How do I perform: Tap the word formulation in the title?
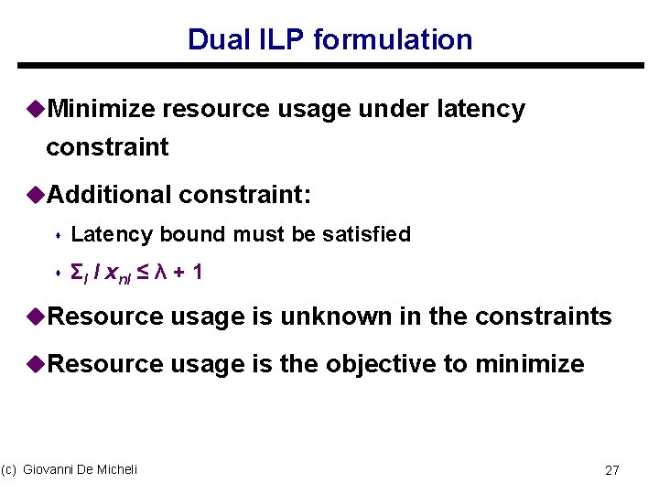(393, 40)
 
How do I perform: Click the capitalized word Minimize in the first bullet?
(102, 110)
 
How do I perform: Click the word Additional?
(109, 194)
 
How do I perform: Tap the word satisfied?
(366, 235)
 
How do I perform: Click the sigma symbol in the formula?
(77, 274)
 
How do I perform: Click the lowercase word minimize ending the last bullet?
(530, 364)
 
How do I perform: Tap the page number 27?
(612, 470)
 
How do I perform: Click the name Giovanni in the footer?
(53, 469)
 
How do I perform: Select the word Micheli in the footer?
(117, 469)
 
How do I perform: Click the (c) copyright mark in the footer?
(9, 469)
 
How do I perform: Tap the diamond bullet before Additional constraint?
(38, 194)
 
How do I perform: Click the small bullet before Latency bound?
(58, 236)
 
